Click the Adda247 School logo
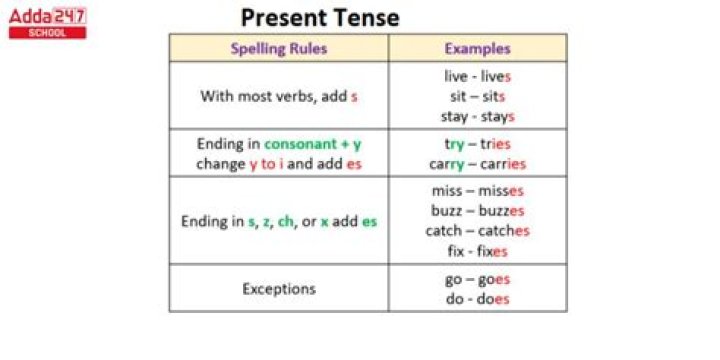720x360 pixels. (47, 21)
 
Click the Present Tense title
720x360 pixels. (320, 17)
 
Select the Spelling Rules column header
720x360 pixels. (278, 48)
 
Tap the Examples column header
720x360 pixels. (477, 48)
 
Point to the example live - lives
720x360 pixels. (477, 76)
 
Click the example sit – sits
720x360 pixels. (477, 96)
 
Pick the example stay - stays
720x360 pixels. (477, 116)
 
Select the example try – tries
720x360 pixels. (477, 144)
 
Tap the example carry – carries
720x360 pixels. (477, 164)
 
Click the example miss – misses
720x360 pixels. (477, 191)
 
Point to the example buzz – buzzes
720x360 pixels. (477, 211)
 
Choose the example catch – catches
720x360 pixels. (477, 231)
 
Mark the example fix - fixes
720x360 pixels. (477, 251)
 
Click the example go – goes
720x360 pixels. (477, 279)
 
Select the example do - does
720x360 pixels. (477, 299)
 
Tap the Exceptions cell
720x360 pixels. (278, 289)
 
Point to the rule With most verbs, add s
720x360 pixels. (278, 97)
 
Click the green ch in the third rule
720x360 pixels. (285, 221)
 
